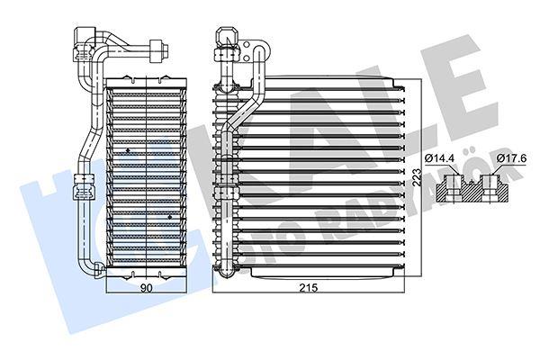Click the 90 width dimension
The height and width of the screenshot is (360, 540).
coord(147,288)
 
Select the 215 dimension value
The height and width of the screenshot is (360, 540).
coord(308,288)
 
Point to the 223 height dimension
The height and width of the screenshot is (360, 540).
coord(417,177)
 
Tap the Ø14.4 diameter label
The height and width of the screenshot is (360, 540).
coord(439,158)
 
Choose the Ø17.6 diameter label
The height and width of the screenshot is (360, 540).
coord(512,158)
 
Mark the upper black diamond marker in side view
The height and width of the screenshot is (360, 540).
coord(128,150)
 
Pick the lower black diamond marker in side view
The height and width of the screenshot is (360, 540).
coord(170,217)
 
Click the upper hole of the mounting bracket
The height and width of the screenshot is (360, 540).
coord(247,45)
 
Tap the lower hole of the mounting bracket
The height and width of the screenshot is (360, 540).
coord(247,58)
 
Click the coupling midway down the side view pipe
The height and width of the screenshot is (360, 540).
coord(84,187)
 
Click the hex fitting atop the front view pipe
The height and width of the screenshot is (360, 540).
coord(227,36)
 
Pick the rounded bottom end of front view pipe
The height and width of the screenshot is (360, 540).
coord(226,269)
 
